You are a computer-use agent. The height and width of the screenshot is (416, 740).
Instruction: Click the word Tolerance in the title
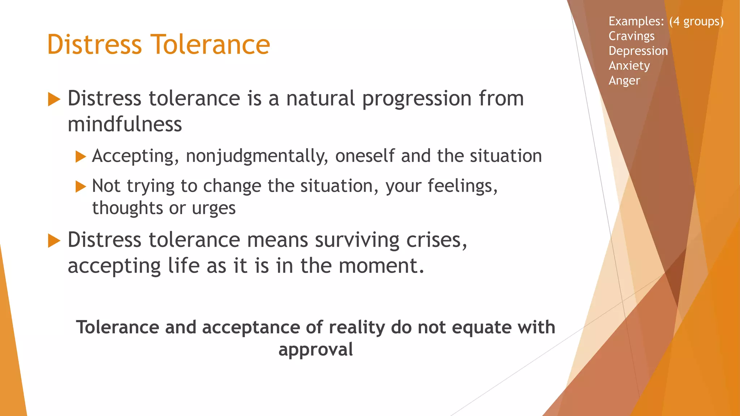click(210, 44)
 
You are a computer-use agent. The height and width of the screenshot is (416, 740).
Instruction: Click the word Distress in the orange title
click(95, 44)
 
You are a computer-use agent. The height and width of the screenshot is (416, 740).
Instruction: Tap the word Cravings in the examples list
click(631, 36)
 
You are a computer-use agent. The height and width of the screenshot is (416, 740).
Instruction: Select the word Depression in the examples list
click(638, 51)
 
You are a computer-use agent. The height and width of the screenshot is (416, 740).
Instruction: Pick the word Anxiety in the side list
click(629, 66)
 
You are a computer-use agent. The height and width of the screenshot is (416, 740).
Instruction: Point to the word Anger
click(624, 81)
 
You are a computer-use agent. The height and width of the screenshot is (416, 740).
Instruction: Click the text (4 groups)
click(696, 21)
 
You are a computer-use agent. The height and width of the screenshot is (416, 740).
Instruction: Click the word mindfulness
click(125, 124)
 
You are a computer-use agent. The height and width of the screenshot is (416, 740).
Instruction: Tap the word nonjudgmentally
click(257, 156)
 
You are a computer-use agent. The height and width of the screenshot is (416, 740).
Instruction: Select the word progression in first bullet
click(417, 99)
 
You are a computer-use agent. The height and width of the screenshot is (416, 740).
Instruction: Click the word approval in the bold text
click(315, 350)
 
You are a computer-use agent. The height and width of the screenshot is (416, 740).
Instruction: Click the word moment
click(381, 266)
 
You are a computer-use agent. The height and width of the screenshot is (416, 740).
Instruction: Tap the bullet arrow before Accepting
click(81, 157)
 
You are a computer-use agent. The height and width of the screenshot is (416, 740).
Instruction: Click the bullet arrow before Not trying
click(81, 187)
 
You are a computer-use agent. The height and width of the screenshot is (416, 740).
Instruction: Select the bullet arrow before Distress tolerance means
click(54, 241)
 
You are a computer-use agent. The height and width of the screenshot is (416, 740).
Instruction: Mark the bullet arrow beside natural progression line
click(54, 99)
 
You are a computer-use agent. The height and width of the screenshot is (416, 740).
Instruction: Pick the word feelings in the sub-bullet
click(462, 186)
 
